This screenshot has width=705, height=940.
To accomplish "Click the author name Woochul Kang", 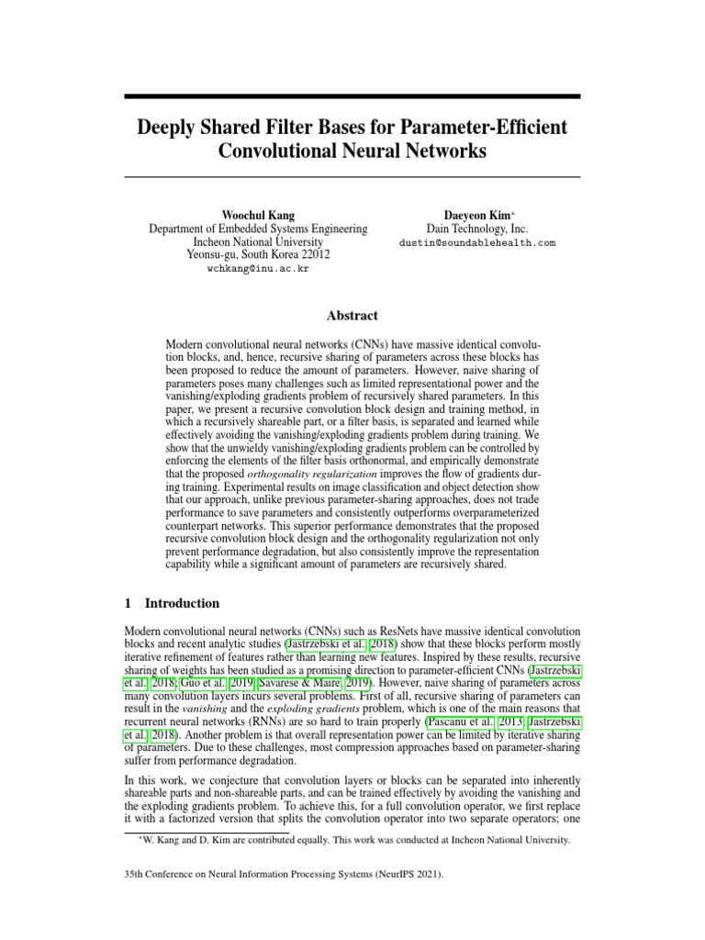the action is coord(258,214).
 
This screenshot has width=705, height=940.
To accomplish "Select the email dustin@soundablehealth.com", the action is coord(477,243).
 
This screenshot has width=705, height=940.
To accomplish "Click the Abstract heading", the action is coord(352,315).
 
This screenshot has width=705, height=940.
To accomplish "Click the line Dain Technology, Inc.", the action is coord(477,229).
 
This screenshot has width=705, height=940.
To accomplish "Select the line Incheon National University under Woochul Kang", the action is coord(258,242).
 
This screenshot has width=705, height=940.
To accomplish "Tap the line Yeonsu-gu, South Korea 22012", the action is coord(258,256).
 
